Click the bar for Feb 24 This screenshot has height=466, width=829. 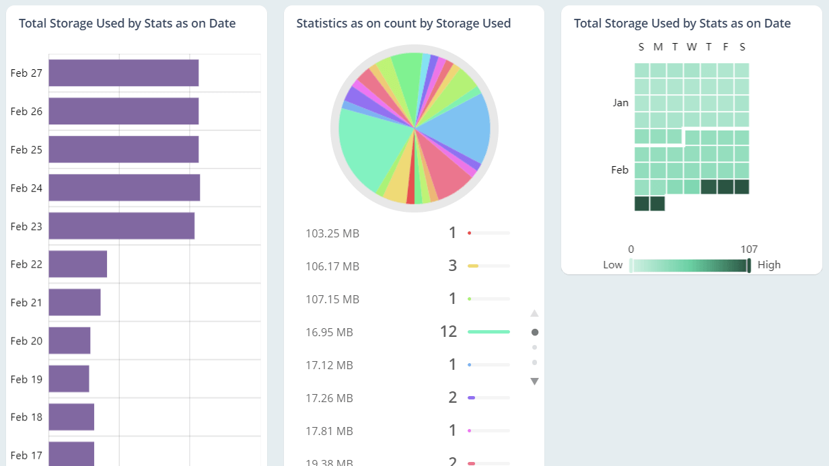click(124, 188)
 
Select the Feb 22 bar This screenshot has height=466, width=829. click(77, 264)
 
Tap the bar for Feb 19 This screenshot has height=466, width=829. click(69, 379)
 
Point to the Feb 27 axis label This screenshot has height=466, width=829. click(26, 73)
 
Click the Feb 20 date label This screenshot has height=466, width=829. click(26, 341)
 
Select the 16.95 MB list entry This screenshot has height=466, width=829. click(329, 332)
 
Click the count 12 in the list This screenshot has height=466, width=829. click(448, 332)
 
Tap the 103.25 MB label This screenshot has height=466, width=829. click(332, 234)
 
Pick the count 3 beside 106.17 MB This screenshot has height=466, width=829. click(452, 266)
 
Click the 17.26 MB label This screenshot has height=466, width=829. click(329, 398)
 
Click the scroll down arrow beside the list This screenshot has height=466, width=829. click(534, 381)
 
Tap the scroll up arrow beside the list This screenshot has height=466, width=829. click(534, 313)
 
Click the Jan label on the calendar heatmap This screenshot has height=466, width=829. click(620, 103)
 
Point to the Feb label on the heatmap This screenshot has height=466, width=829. click(620, 170)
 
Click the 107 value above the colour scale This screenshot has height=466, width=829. click(749, 249)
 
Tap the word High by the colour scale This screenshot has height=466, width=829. click(769, 265)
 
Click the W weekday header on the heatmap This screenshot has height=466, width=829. click(692, 47)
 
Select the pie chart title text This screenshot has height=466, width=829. click(403, 24)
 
